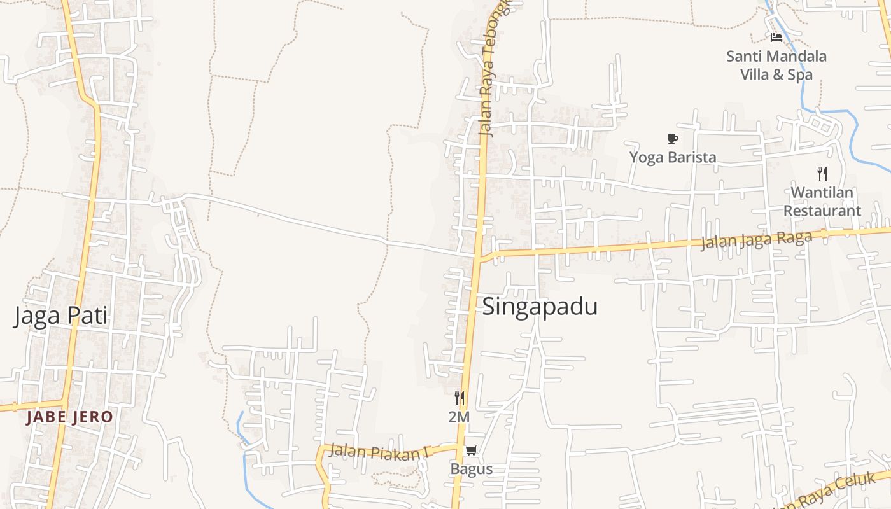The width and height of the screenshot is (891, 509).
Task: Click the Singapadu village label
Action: click(x=540, y=307)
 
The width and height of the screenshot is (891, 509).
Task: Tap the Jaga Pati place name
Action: click(x=60, y=316)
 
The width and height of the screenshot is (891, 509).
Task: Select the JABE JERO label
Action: click(x=70, y=417)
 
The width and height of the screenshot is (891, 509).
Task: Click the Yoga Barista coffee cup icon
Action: click(x=673, y=139)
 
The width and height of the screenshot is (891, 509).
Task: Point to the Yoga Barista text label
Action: click(x=673, y=157)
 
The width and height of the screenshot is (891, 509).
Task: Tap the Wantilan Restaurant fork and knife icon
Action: click(x=822, y=173)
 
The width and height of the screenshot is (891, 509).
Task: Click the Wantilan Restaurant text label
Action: click(x=822, y=201)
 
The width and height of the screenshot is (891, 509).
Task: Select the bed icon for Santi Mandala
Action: click(x=776, y=38)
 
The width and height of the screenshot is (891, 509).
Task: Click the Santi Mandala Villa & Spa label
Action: click(x=776, y=66)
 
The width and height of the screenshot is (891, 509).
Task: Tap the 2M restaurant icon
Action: click(x=459, y=398)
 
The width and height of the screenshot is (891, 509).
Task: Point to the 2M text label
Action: click(x=459, y=417)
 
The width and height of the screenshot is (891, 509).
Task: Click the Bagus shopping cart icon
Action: click(x=471, y=450)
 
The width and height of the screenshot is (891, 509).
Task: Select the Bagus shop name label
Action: click(x=471, y=470)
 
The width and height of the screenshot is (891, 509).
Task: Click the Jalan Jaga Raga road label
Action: click(x=756, y=241)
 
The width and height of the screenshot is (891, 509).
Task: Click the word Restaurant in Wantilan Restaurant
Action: click(x=822, y=211)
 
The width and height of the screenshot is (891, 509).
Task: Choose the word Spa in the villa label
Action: click(x=800, y=75)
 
